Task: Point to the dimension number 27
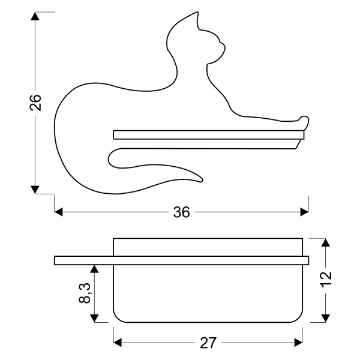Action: click(207, 343)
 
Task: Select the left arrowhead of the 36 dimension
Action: click(59, 212)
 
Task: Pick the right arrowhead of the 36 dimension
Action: click(304, 212)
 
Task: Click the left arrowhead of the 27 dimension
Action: click(118, 343)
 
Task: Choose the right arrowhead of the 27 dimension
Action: click(298, 343)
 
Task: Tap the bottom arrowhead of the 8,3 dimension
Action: click(94, 316)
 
